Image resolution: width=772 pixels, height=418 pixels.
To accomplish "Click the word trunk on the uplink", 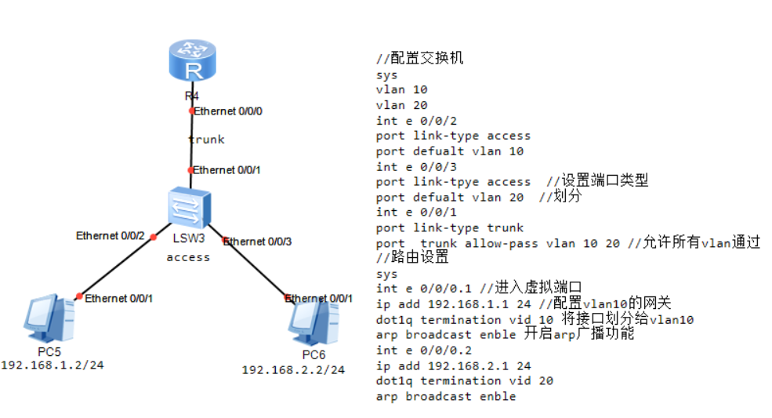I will tap(206, 140).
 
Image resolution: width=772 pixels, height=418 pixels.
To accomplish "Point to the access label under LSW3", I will tap(188, 256).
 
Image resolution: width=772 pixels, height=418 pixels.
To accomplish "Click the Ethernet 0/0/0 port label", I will tap(228, 111).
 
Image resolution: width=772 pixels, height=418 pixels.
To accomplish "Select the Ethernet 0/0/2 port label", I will tap(111, 235).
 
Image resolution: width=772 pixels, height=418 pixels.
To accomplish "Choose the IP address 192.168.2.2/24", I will tap(293, 369).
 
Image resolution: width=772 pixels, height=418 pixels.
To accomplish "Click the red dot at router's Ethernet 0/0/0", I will tap(191, 111).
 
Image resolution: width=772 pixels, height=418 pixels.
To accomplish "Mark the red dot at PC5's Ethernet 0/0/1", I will tap(78, 296).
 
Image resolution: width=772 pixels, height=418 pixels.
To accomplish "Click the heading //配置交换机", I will tap(420, 59).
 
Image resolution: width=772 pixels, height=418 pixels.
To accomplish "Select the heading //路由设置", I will tap(412, 257).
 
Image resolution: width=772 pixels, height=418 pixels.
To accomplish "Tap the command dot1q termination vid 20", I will tap(466, 380).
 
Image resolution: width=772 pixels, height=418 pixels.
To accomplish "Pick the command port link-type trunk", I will tap(449, 227).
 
